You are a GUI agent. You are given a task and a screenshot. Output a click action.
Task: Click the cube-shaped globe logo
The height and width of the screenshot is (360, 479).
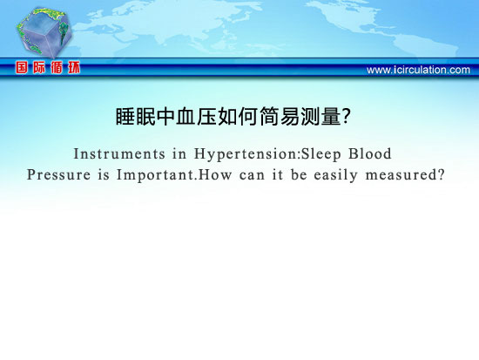coord(44,32)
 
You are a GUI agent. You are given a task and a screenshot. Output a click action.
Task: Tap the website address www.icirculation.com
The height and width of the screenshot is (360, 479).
coord(418,70)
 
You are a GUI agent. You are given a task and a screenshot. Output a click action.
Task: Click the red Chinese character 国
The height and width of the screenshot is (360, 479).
coord(22,67)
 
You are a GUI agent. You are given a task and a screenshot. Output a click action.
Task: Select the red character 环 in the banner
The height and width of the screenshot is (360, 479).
coord(74,67)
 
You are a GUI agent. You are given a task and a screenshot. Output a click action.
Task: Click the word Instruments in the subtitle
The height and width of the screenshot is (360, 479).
coord(119,153)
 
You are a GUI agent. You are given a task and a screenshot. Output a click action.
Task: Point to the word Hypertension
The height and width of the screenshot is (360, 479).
coord(246,154)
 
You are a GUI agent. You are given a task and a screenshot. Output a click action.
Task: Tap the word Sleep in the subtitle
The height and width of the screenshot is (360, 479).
coord(320,154)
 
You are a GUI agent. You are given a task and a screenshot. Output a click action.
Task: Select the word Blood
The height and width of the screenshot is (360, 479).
coord(370,153)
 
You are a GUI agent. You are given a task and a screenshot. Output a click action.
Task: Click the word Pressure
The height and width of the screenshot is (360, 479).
coord(58,174)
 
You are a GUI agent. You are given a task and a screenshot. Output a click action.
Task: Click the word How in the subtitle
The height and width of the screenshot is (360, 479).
coord(215,174)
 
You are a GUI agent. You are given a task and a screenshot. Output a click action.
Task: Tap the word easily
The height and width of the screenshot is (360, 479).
coord(335,175)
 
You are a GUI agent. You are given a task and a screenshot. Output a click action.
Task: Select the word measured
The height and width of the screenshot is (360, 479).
coord(401,175)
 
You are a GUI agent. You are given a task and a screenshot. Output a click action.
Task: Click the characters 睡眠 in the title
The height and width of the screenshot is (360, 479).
coord(136,117)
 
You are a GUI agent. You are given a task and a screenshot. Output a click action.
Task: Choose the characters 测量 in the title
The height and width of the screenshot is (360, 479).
coord(320,117)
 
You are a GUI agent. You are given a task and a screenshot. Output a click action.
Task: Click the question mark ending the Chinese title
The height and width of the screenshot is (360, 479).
coord(346,117)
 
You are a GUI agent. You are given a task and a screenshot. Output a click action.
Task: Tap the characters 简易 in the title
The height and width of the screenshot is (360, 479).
coord(280,117)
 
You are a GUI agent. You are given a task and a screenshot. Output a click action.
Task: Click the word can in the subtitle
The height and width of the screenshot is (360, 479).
coord(252,175)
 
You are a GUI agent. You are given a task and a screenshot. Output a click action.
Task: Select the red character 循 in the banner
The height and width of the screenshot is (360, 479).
coord(57,67)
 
